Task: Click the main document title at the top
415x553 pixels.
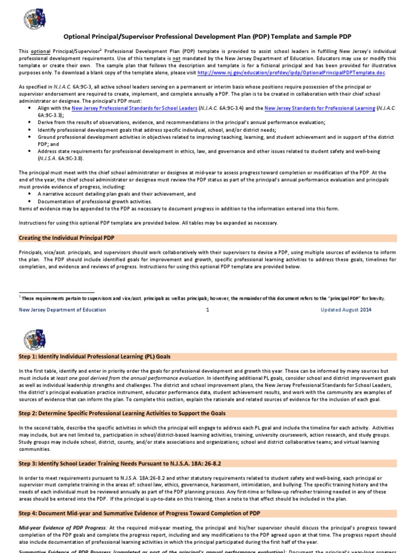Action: tap(207, 37)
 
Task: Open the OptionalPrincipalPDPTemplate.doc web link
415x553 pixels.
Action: tap(292, 72)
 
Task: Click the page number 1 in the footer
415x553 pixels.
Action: tap(207, 310)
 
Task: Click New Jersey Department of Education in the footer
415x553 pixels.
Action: tap(63, 310)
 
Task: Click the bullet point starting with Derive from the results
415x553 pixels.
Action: tap(182, 123)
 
